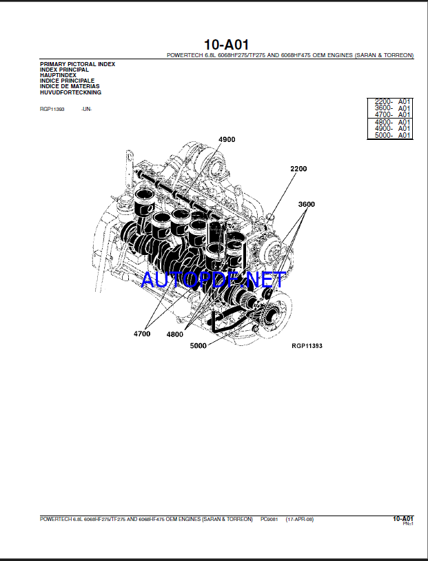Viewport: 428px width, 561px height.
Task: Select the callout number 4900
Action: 227,139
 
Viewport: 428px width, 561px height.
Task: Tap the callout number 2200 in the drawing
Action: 298,169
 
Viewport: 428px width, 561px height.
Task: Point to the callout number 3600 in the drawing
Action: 306,205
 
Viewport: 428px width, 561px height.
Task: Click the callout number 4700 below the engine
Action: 142,334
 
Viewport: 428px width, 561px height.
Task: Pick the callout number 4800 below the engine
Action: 174,334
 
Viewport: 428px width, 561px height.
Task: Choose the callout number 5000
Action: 198,346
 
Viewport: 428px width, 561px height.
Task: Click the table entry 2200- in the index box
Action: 383,102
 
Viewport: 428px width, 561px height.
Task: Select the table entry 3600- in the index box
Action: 383,108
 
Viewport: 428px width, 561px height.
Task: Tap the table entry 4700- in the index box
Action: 383,115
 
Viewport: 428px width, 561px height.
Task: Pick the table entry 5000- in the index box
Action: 383,135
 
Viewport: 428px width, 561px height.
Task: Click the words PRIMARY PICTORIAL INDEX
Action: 77,64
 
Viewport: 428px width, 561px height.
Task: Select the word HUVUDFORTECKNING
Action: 71,92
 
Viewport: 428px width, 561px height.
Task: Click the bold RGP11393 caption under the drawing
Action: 307,346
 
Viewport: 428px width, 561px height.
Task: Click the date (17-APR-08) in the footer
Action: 299,518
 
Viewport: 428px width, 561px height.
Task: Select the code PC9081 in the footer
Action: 270,518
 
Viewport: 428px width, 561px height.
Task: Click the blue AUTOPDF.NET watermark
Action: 213,279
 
